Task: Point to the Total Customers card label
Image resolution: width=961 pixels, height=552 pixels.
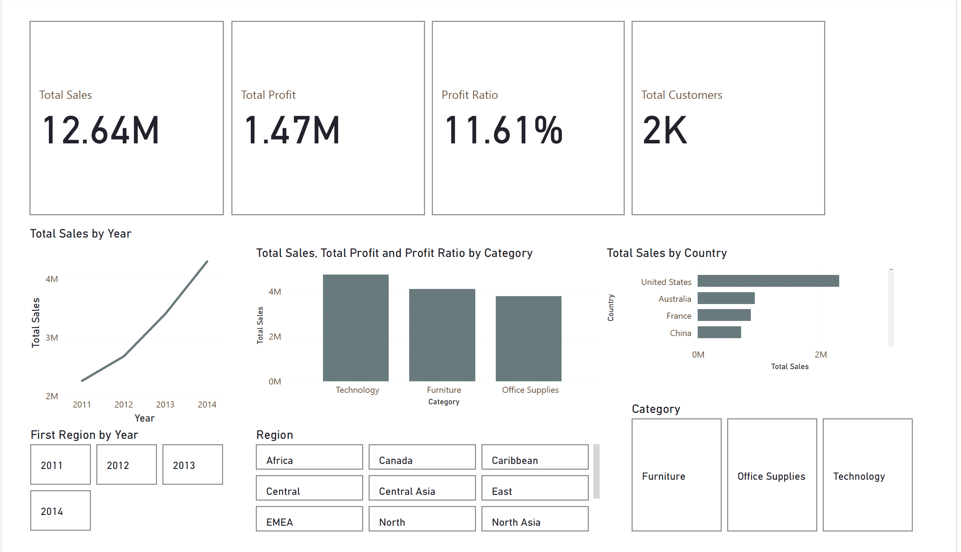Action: point(682,95)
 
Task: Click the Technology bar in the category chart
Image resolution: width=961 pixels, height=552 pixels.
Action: point(355,328)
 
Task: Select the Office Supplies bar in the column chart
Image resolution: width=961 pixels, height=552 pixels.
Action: point(528,339)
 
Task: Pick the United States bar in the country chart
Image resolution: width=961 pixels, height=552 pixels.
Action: point(768,281)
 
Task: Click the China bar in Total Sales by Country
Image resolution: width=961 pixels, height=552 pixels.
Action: point(719,332)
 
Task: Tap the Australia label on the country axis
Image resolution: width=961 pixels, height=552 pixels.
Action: point(675,299)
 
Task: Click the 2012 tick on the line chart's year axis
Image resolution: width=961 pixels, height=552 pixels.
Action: point(124,405)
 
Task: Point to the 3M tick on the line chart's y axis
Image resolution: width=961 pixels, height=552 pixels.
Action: point(52,338)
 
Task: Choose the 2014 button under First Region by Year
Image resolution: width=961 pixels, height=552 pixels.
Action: point(61,511)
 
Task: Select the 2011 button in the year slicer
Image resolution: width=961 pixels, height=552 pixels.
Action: point(61,465)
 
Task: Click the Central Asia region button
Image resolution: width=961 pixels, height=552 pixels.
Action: point(422,488)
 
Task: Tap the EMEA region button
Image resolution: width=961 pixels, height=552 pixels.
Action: point(309,519)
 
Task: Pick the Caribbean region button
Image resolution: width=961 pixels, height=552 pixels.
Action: point(535,457)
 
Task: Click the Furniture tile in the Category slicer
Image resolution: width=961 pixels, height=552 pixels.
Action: point(676,475)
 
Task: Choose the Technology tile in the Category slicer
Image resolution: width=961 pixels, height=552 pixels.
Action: point(867,475)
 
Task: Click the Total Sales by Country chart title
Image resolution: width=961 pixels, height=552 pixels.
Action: point(666,253)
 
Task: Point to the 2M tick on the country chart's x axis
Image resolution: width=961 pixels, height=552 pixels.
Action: point(821,355)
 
